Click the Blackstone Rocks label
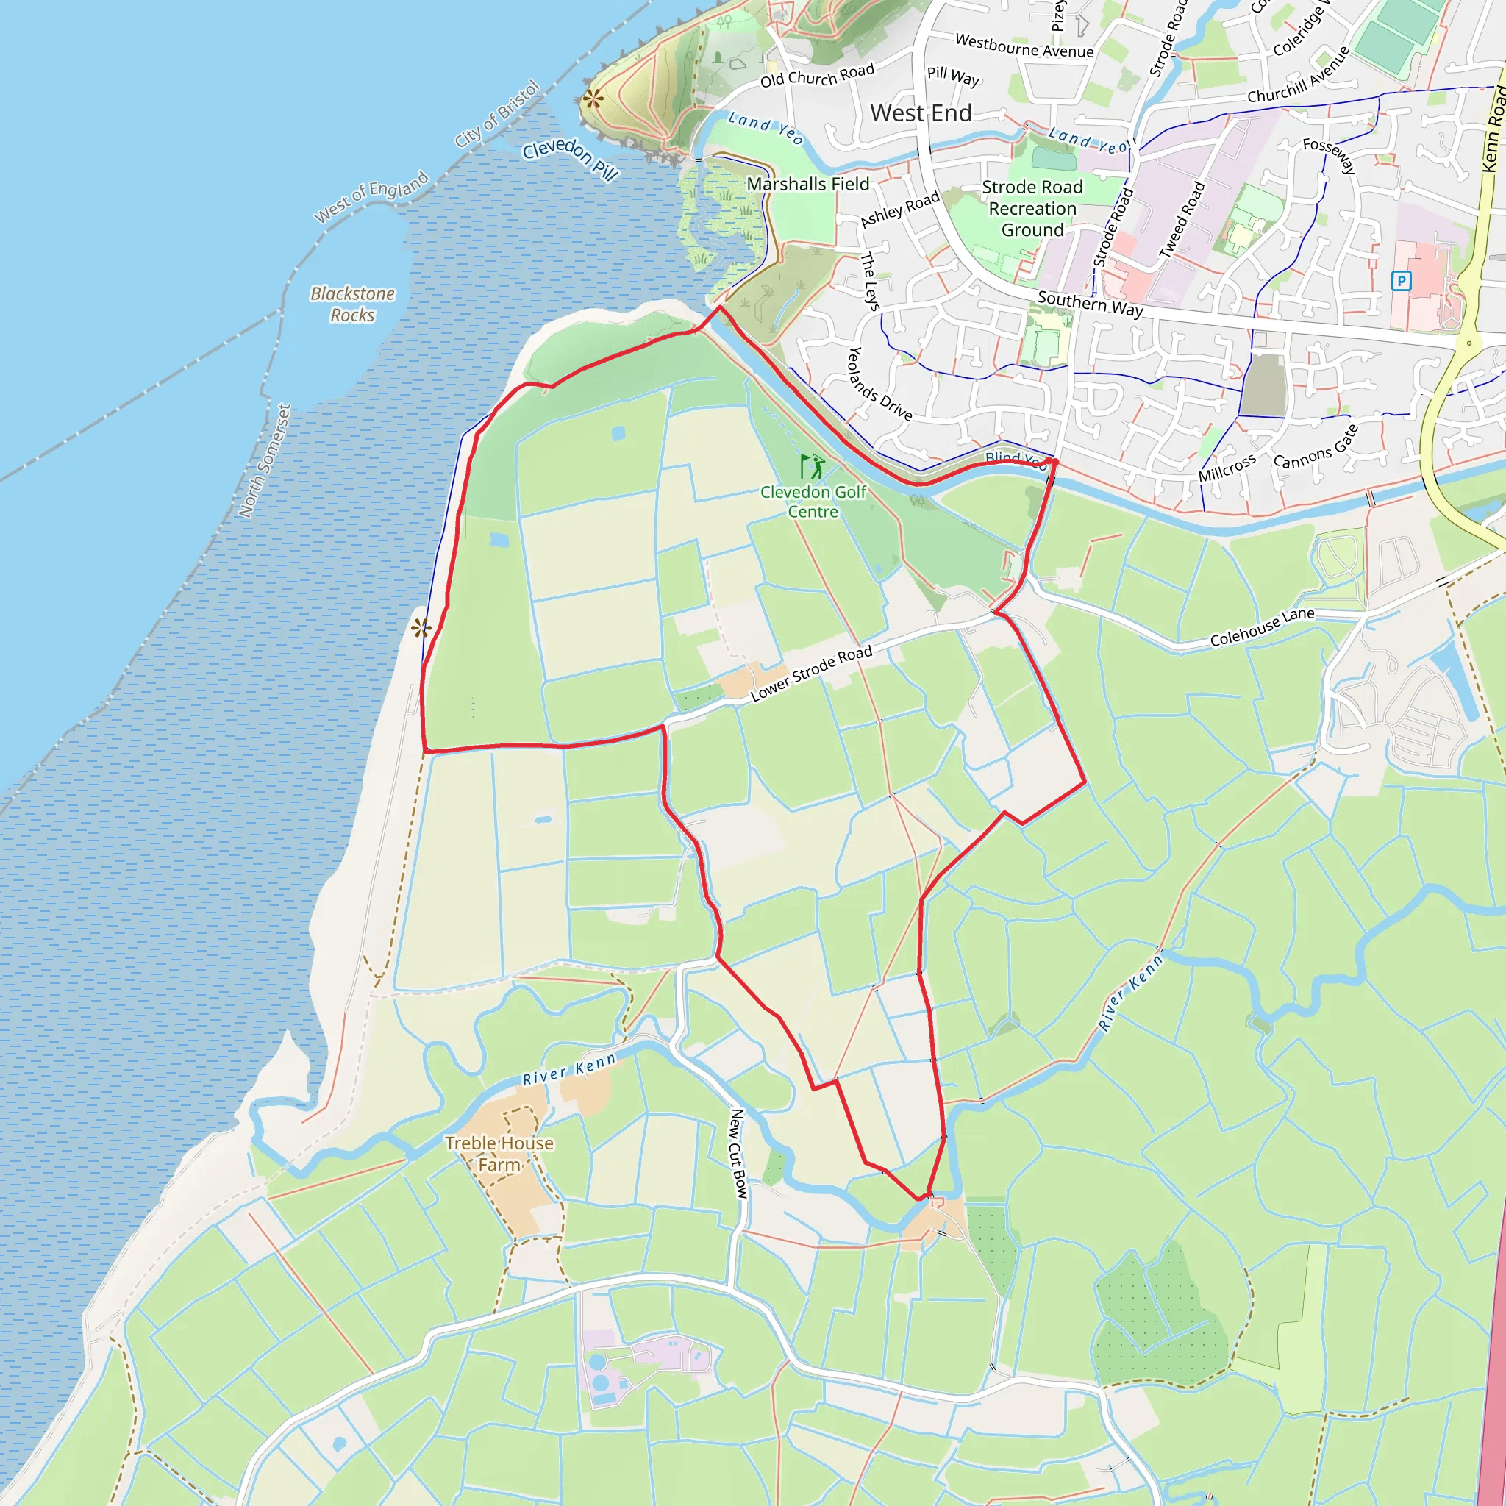352,304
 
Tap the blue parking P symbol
1401,281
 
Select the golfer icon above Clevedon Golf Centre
813,467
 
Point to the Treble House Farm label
499,1154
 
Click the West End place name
921,114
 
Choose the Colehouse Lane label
1262,627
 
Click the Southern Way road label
1090,303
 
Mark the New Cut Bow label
738,1154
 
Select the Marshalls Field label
807,184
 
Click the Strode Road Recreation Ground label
1032,208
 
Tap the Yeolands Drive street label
879,385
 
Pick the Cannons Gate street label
1316,446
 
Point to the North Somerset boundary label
264,460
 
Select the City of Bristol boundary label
497,114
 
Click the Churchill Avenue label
1299,75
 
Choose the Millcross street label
1227,468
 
